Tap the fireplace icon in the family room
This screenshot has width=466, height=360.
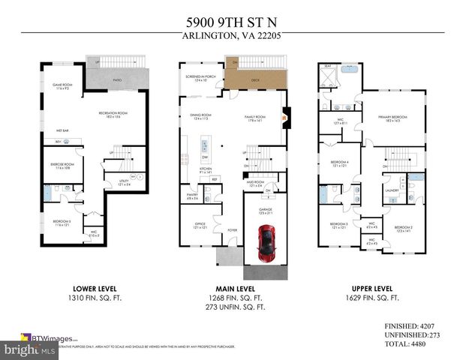284,116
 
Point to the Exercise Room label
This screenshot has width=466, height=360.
62,165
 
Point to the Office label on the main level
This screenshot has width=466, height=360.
200,225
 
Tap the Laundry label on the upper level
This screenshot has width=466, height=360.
390,190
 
